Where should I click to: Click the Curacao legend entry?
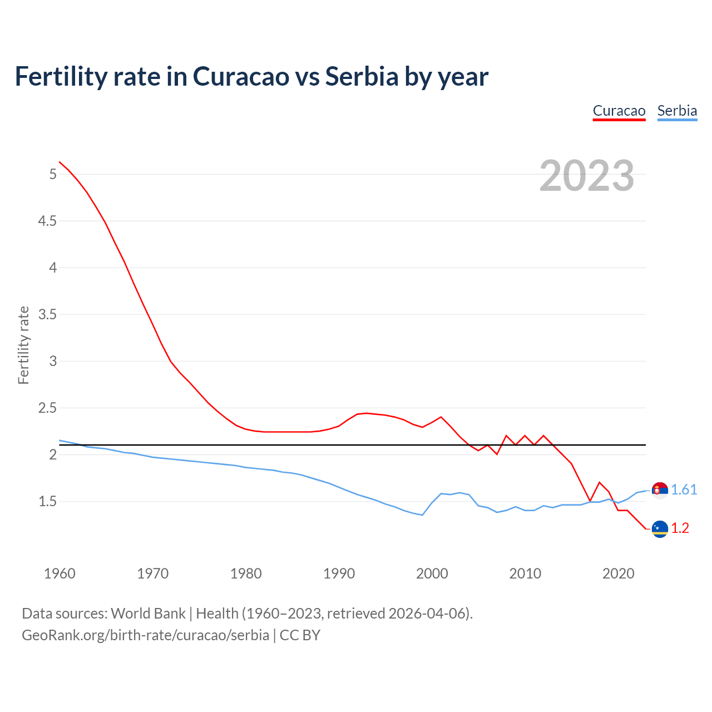619,111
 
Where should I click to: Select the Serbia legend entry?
677,111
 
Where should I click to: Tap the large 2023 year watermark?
587,176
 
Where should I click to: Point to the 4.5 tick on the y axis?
47,221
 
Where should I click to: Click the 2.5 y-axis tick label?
47,408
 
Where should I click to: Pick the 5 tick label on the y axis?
53,175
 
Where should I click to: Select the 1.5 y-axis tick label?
47,502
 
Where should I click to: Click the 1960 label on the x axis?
60,573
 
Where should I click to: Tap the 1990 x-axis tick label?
339,573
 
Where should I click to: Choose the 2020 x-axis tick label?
618,573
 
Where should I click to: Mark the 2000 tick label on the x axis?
432,573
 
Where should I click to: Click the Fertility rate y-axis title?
23,345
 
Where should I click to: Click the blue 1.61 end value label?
684,489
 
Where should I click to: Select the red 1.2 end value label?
680,528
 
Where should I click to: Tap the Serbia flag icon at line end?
660,490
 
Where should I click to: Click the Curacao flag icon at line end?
660,529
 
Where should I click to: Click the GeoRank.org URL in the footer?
145,635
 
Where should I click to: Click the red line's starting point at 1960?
60,162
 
